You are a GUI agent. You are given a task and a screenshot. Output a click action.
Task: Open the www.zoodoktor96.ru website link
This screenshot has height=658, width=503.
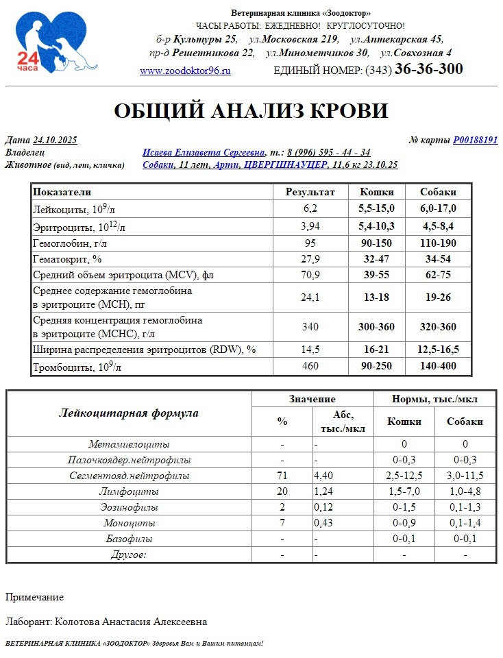pyautogui.click(x=185, y=71)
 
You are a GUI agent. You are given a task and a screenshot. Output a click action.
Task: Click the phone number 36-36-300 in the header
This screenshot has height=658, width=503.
pyautogui.click(x=428, y=69)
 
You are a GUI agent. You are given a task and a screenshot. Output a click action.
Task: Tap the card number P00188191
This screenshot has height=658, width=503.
pyautogui.click(x=475, y=140)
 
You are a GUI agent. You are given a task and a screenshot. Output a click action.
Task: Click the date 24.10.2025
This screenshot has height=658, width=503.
pyautogui.click(x=55, y=140)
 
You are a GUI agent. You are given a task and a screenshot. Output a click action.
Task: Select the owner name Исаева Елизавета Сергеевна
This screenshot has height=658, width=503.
pyautogui.click(x=204, y=152)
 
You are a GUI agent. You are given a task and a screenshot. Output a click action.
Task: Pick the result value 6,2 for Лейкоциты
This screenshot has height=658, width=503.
pyautogui.click(x=310, y=208)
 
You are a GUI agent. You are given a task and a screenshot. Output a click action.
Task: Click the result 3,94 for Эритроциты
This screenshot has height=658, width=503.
pyautogui.click(x=310, y=226)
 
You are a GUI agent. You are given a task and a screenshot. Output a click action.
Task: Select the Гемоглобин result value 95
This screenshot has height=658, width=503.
pyautogui.click(x=310, y=243)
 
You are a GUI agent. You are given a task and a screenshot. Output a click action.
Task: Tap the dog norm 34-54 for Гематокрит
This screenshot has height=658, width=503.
pyautogui.click(x=438, y=260)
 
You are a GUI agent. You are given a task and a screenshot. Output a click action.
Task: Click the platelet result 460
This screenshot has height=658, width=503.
pyautogui.click(x=310, y=366)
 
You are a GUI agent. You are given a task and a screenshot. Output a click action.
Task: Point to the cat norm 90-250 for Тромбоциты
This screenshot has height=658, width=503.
pyautogui.click(x=376, y=366)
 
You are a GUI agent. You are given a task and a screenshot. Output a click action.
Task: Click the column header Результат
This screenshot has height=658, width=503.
pyautogui.click(x=310, y=192)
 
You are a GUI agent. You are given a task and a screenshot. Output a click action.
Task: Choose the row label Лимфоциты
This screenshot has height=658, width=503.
pyautogui.click(x=129, y=492)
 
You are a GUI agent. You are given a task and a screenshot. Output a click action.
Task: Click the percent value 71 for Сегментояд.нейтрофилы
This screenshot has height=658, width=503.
pyautogui.click(x=282, y=475)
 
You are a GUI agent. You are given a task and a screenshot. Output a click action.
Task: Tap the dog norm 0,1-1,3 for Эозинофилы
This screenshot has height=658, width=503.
pyautogui.click(x=465, y=507)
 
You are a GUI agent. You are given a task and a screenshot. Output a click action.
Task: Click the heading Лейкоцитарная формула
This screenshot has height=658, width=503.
pyautogui.click(x=129, y=413)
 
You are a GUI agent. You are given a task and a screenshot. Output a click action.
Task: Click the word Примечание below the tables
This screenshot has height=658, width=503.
pyautogui.click(x=34, y=597)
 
